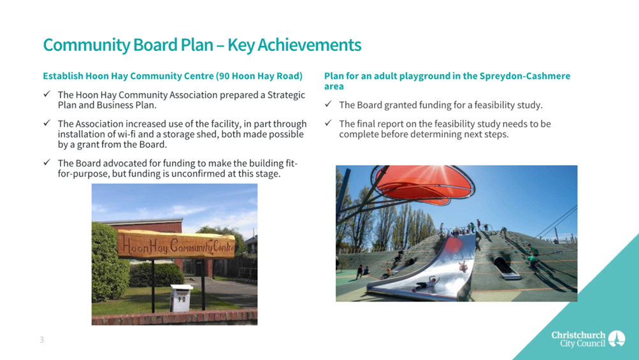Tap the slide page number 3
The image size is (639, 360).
[x=41, y=340]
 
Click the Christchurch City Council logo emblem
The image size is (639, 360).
[x=617, y=338]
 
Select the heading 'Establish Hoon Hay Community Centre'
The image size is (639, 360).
[x=128, y=76]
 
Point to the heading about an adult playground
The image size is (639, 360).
[x=447, y=81]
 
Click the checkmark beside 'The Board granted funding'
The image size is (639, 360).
[x=329, y=104]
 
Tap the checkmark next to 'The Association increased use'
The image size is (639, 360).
[x=47, y=123]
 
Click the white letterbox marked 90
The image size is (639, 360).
[x=181, y=298]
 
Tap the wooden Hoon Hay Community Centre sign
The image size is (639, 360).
[x=176, y=245]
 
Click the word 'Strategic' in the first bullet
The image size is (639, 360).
[x=286, y=95]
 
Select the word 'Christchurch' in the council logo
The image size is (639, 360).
[x=578, y=335]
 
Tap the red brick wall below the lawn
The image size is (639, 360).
[x=175, y=317]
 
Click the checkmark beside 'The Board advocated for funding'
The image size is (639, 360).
[x=47, y=162]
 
